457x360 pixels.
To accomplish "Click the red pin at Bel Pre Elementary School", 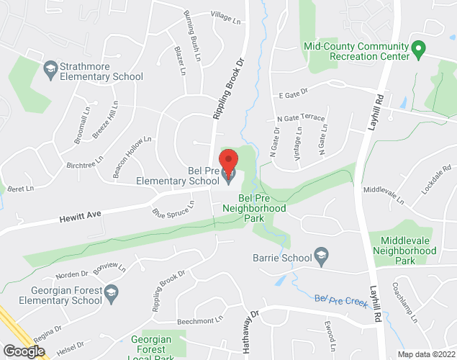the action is [228, 162].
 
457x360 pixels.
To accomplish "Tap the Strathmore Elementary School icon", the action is [50, 69].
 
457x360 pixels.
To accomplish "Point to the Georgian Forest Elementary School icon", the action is [111, 292].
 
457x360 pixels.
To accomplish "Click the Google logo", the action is [24, 351].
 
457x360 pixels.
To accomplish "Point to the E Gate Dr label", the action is [293, 92].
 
